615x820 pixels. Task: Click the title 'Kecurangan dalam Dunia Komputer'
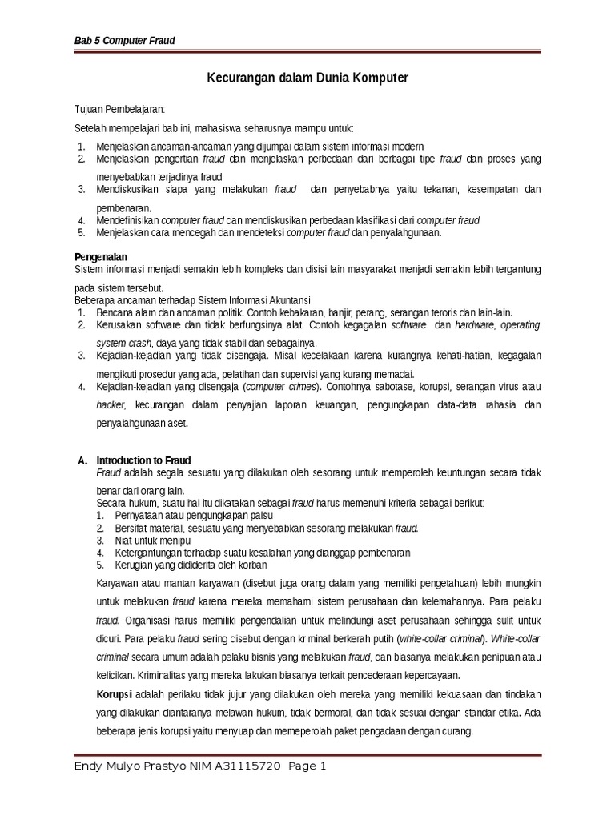pos(307,78)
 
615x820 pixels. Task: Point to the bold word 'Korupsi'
pos(115,693)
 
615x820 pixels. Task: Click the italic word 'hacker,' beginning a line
pos(112,405)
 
